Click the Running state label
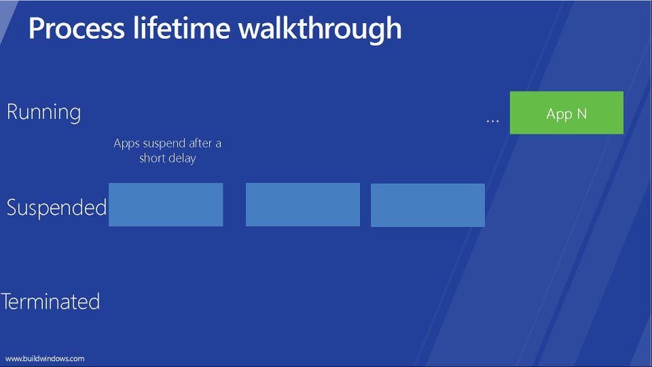tap(43, 112)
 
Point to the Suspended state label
tap(56, 207)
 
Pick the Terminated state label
tap(51, 301)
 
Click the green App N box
tap(566, 113)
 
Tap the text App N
tap(566, 114)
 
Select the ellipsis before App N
tap(493, 121)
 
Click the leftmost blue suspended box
tap(166, 205)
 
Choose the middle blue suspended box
tap(303, 205)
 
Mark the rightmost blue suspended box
tap(428, 205)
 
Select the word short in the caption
tap(152, 158)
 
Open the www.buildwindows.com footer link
tap(45, 359)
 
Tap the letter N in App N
tap(581, 113)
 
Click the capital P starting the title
tap(35, 29)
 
